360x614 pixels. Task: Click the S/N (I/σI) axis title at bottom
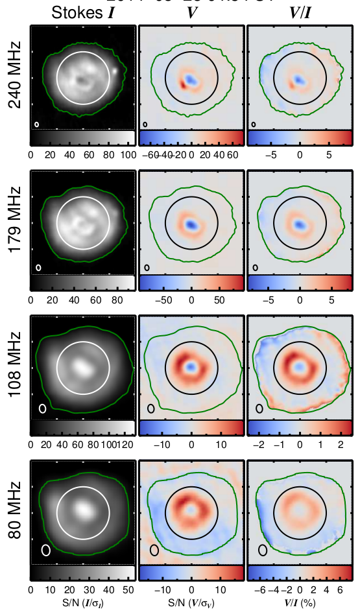(x=82, y=604)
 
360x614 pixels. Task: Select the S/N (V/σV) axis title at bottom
(x=191, y=604)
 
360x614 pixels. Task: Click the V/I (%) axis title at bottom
(x=300, y=604)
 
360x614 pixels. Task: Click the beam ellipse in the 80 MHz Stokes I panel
(x=46, y=549)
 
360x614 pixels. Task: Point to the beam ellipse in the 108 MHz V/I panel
(x=259, y=408)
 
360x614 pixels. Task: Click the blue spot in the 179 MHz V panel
(x=191, y=224)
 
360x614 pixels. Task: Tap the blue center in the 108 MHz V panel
(x=191, y=367)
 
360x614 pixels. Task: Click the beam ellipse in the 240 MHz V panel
(x=146, y=123)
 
